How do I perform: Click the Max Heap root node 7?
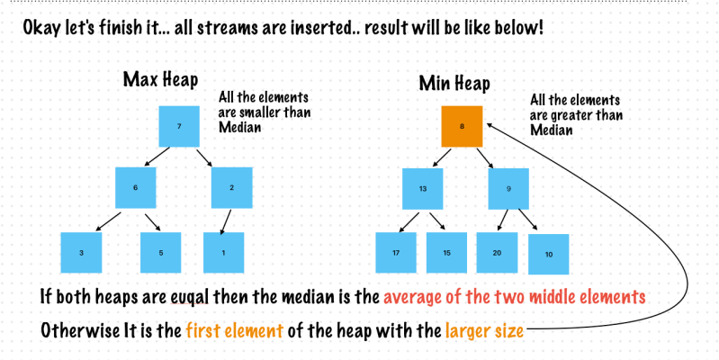coord(179,127)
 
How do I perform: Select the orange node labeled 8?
coord(462,127)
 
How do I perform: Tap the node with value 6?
coord(136,188)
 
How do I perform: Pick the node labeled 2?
coord(231,188)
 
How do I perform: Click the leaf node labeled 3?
coord(82,253)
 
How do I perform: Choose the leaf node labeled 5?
coord(161,253)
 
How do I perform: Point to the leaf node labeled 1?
coord(224,253)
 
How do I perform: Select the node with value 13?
coord(422,189)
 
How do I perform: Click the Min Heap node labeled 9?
coord(508,189)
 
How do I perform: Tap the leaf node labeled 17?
coord(396,253)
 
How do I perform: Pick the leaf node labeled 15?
coord(446,253)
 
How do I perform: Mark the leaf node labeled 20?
coord(497,253)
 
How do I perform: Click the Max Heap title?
coord(160,79)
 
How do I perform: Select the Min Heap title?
coord(455,84)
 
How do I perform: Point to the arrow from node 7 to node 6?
coord(157,157)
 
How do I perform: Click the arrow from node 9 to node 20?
coord(502,220)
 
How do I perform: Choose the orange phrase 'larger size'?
coord(484,330)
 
